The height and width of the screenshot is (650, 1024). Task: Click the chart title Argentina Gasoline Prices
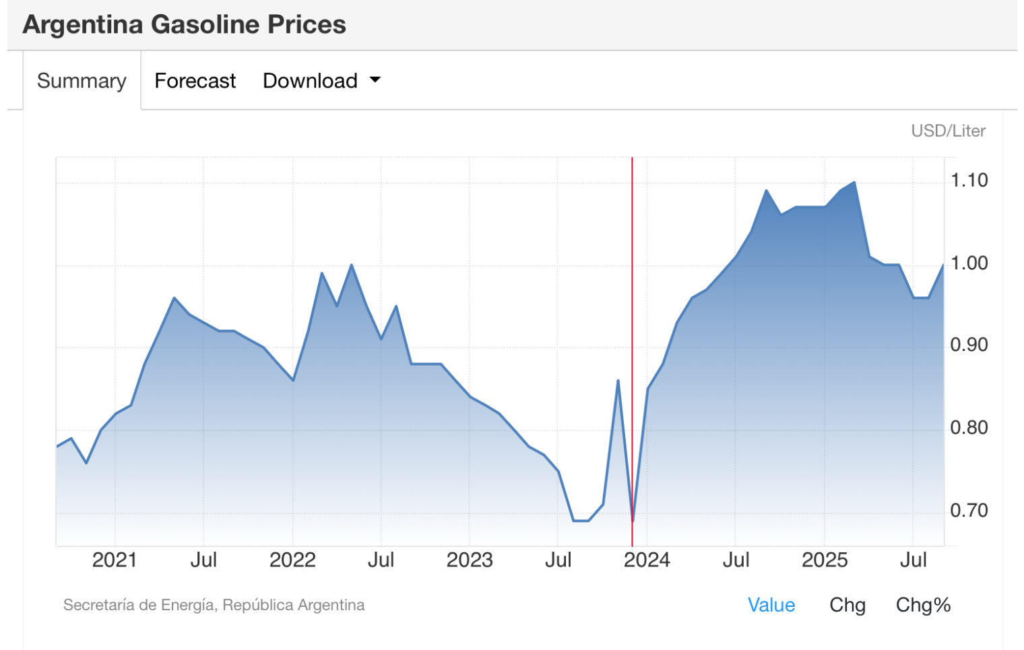tap(184, 25)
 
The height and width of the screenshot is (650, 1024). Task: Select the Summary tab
tap(82, 81)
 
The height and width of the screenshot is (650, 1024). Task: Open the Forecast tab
tap(195, 81)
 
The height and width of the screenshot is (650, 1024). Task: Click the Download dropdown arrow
tap(375, 80)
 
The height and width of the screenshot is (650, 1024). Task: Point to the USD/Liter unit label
tap(948, 131)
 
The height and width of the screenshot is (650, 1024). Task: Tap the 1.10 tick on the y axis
tap(969, 181)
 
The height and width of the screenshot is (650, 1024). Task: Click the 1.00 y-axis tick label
tap(969, 263)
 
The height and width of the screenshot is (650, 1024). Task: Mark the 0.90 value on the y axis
tap(969, 346)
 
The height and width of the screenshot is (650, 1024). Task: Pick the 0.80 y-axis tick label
tap(969, 428)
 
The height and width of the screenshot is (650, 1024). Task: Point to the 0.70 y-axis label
tap(969, 511)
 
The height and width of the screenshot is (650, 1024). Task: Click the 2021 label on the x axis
tap(115, 560)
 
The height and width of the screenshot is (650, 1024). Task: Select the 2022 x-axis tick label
tap(292, 560)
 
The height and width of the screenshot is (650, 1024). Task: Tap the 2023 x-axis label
tap(470, 560)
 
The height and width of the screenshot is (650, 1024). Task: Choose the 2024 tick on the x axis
tap(647, 560)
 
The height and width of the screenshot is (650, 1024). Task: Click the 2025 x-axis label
tap(825, 560)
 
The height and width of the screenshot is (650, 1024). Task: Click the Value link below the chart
tap(771, 605)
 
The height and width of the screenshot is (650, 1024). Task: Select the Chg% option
tap(923, 605)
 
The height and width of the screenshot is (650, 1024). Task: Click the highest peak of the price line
tap(854, 183)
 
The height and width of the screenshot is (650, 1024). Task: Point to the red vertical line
tap(632, 303)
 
